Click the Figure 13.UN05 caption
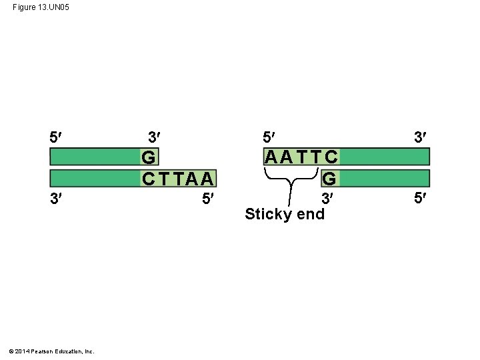41,7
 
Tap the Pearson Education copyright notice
51,351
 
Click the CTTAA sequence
178,179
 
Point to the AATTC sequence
301,157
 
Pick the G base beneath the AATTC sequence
329,179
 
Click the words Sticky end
285,214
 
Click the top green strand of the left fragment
94,157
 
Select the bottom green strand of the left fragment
94,178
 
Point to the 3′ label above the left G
153,137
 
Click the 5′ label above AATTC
268,137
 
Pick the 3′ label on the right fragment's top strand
419,137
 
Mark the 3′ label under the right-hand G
327,198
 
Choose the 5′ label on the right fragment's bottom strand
419,198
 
